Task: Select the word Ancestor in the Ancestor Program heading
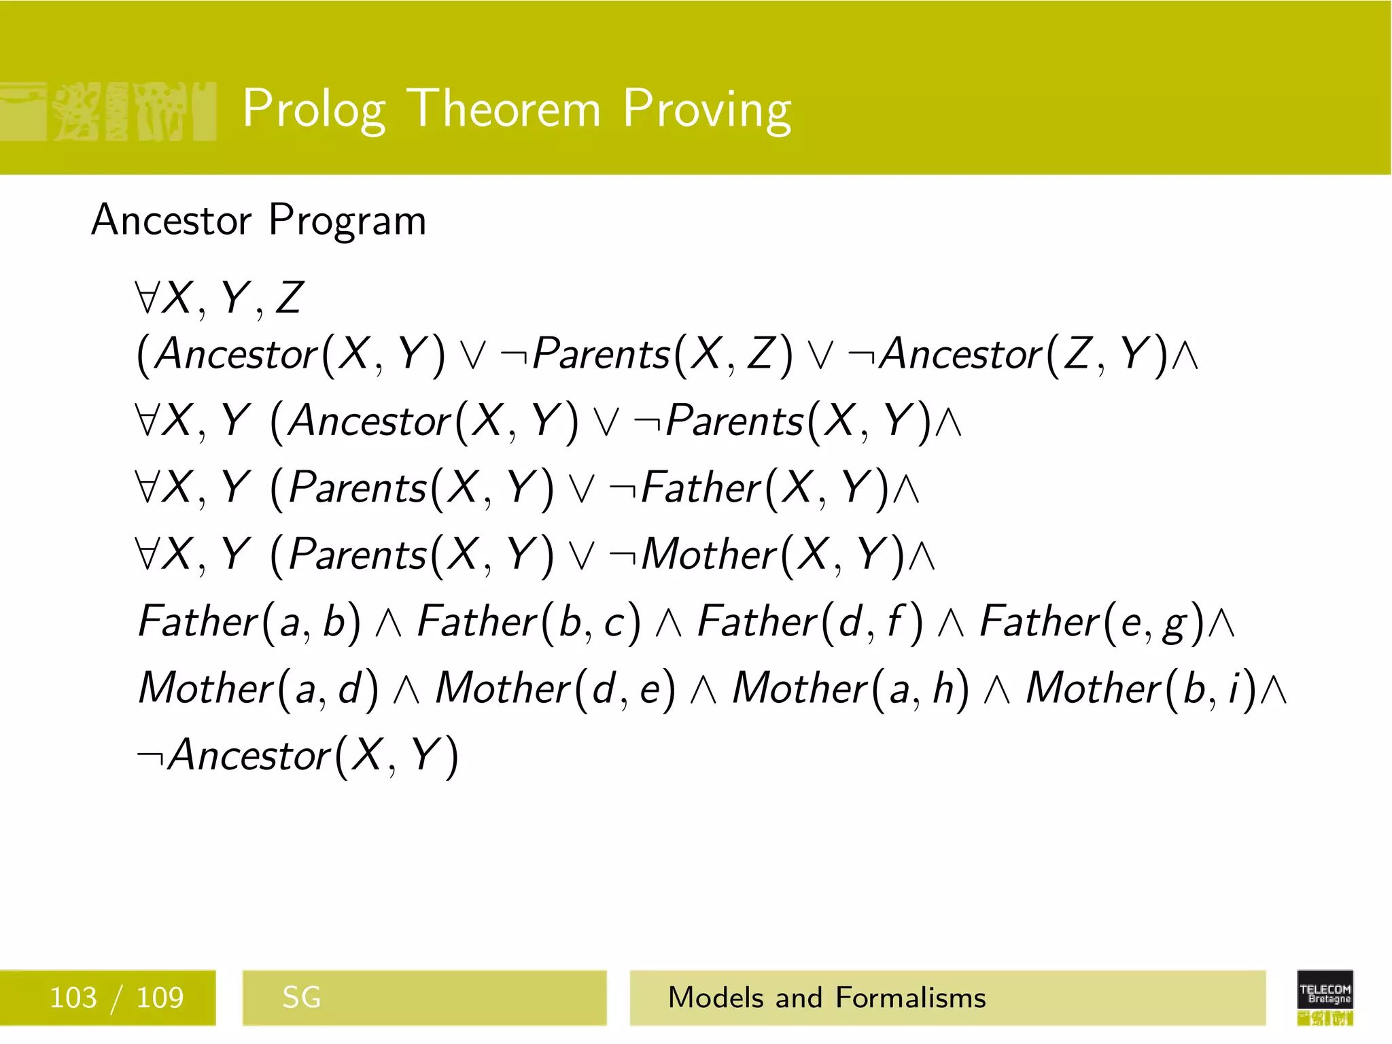pyautogui.click(x=171, y=220)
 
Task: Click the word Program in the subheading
pyautogui.click(x=347, y=220)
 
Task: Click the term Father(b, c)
pyautogui.click(x=529, y=622)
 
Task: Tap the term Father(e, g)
pyautogui.click(x=1092, y=622)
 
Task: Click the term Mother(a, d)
pyautogui.click(x=258, y=689)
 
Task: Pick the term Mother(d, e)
pyautogui.click(x=556, y=689)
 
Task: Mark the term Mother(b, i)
pyautogui.click(x=1142, y=689)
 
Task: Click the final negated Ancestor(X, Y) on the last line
pyautogui.click(x=298, y=755)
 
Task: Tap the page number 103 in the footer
pyautogui.click(x=73, y=998)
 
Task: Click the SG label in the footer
pyautogui.click(x=301, y=998)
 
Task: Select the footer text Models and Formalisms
pyautogui.click(x=826, y=998)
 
